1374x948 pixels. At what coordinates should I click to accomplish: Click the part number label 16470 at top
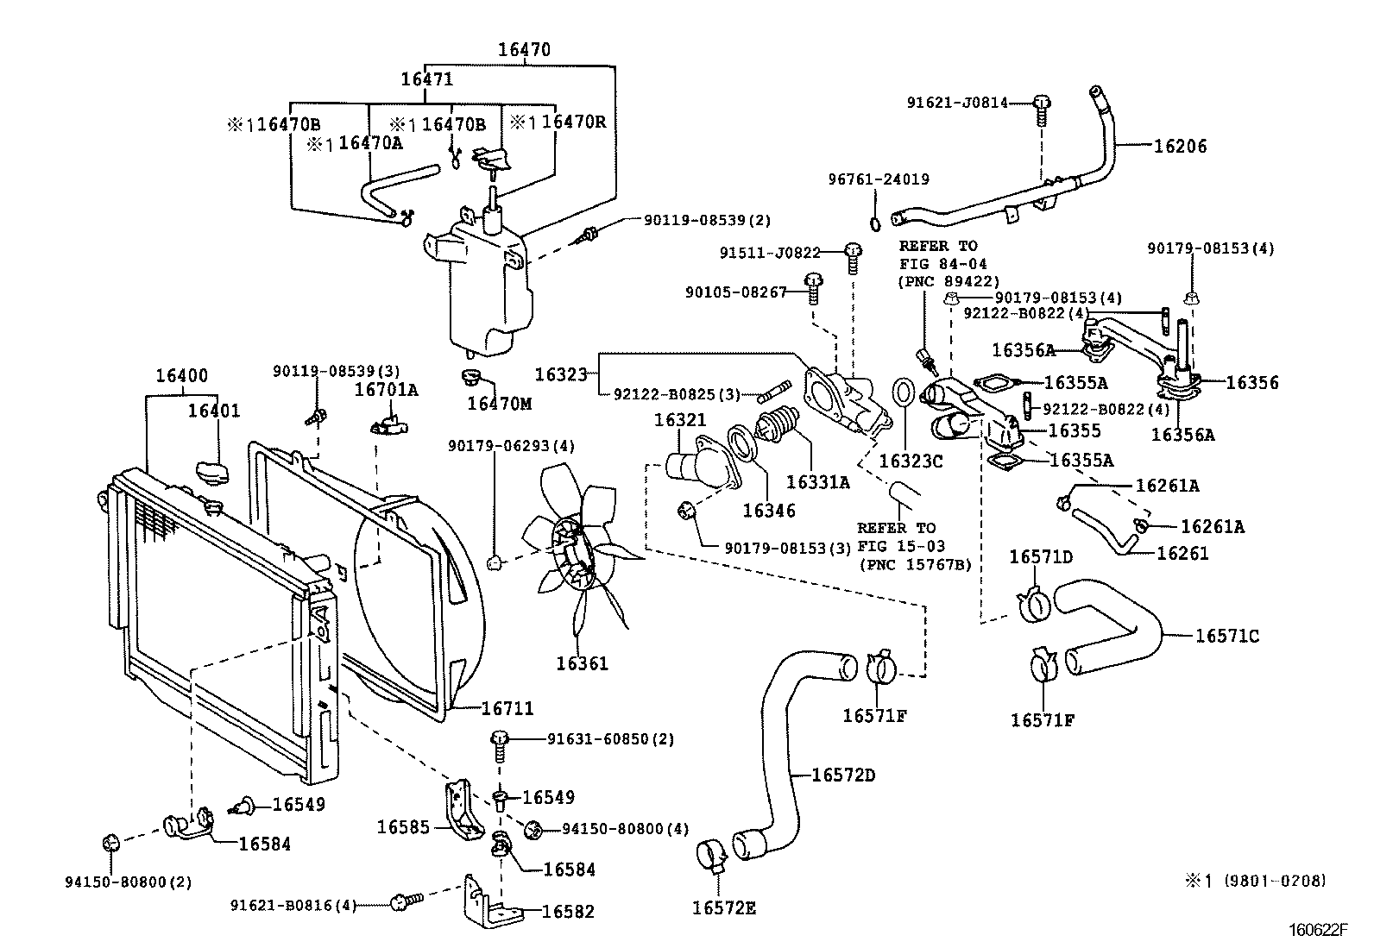point(524,50)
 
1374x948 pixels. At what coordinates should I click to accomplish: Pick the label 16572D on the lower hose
point(843,775)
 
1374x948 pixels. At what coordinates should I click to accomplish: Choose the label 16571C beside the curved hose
point(1226,637)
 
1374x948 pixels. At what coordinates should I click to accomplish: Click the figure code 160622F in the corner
point(1318,929)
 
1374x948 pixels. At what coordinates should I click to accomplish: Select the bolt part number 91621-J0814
point(957,103)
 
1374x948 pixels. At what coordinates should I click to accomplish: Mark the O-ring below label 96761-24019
point(874,224)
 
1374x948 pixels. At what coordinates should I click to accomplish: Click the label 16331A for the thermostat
point(817,482)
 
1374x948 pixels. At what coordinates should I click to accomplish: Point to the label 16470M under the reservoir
point(500,403)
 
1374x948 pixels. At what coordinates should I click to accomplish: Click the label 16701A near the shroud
point(387,390)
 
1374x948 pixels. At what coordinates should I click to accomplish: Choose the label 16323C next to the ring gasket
point(911,461)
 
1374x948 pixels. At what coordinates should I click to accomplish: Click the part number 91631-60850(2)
point(611,739)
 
